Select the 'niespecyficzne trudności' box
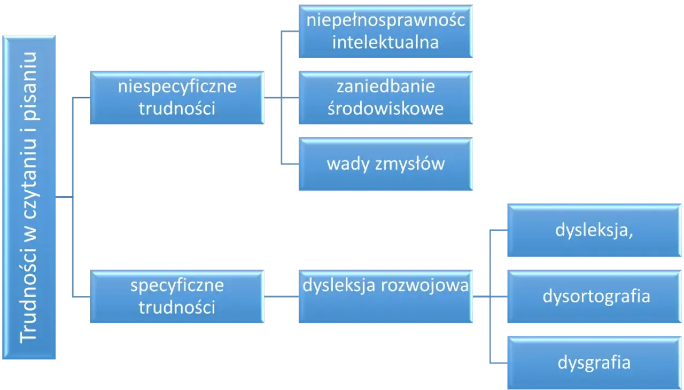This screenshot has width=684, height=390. (x=177, y=98)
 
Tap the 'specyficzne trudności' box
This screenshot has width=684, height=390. (x=177, y=297)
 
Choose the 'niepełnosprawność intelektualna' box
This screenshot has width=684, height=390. (x=385, y=32)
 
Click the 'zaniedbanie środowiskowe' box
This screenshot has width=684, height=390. (x=385, y=98)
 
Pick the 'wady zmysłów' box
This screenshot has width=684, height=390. (x=385, y=164)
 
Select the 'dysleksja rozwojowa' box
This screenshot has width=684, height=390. (x=385, y=297)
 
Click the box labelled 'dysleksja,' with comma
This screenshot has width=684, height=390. (x=594, y=230)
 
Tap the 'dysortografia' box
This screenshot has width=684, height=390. (x=594, y=297)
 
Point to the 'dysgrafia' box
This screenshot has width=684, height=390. (x=594, y=363)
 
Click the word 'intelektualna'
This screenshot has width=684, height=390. (x=385, y=43)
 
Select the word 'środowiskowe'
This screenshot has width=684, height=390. (x=385, y=109)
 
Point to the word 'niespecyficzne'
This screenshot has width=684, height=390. (x=177, y=87)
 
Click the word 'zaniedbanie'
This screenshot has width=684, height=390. (x=385, y=87)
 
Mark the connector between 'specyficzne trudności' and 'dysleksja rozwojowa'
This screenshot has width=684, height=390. (x=280, y=296)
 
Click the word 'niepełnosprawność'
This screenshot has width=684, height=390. (x=385, y=21)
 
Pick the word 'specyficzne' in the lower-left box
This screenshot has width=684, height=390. (x=177, y=285)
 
